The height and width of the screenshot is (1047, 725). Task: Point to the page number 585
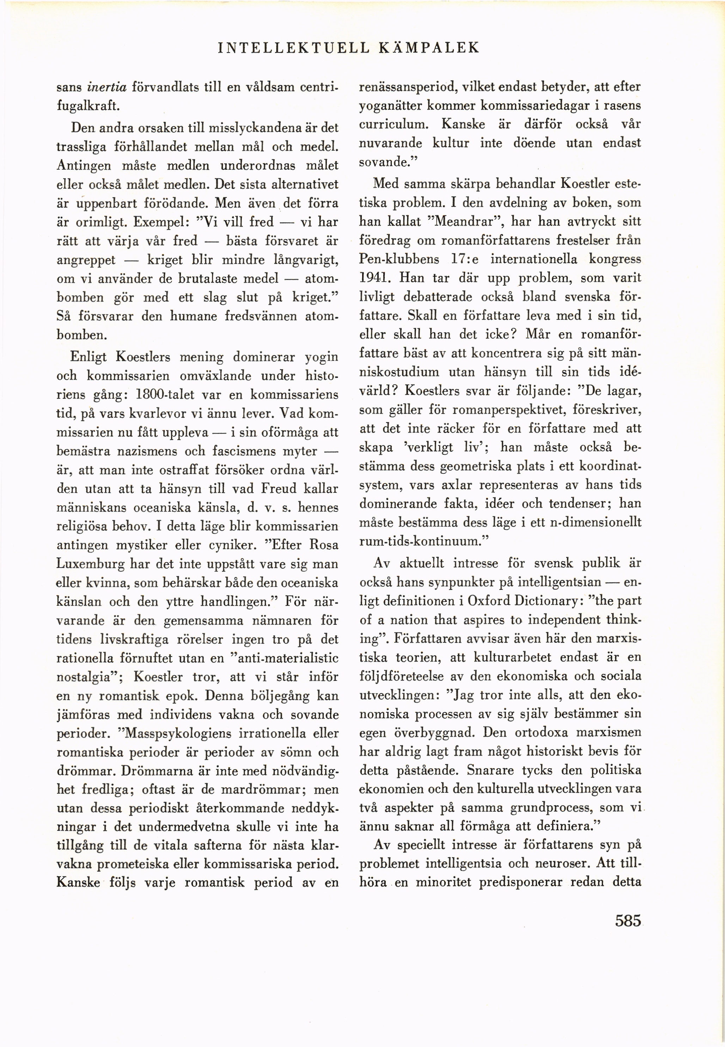[628, 921]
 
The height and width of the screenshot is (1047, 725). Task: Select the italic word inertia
[106, 87]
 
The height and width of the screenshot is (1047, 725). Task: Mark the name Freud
[279, 489]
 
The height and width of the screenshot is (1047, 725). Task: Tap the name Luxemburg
[90, 564]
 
